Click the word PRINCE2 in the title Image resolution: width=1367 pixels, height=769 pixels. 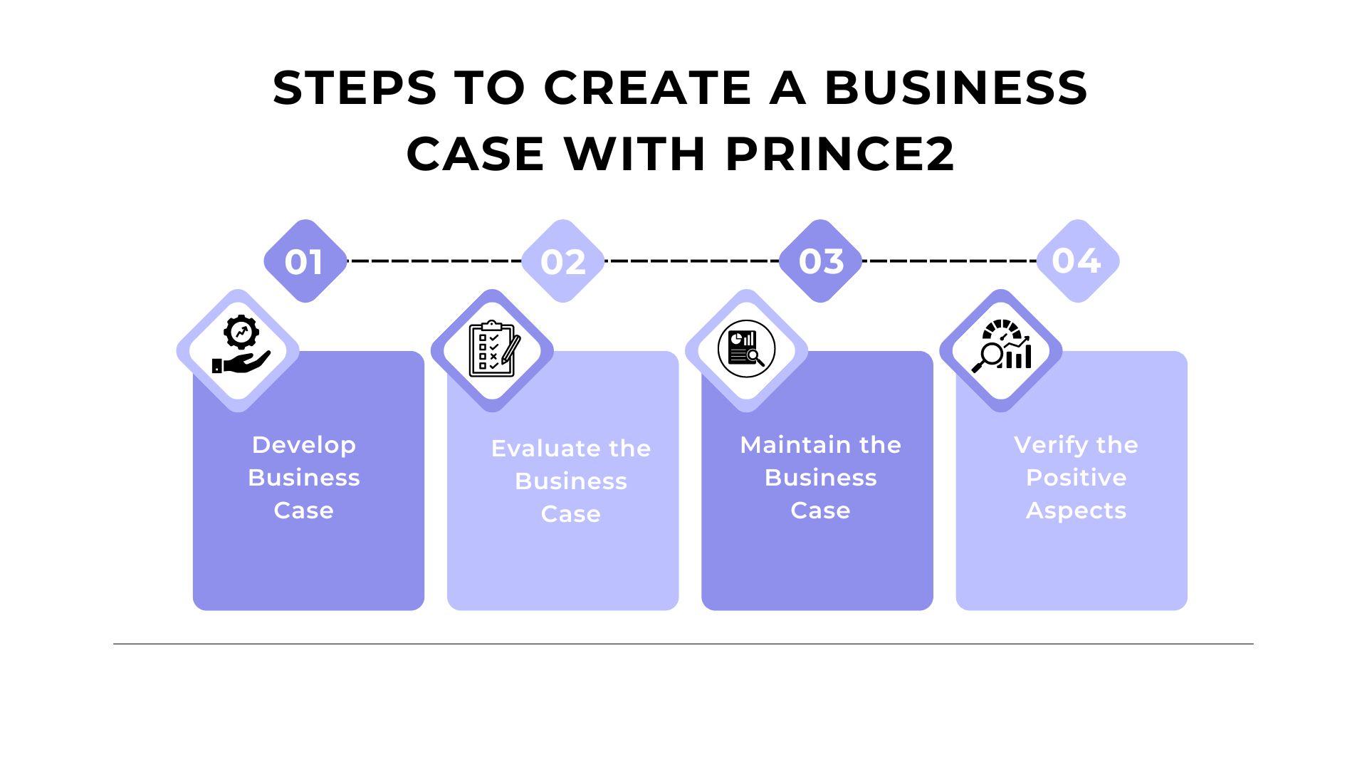click(839, 154)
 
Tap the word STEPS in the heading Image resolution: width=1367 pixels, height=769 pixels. click(355, 88)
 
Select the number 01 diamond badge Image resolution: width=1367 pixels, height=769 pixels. click(305, 261)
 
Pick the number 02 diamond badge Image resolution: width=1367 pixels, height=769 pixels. click(562, 261)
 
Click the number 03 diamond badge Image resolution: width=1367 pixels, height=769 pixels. click(820, 261)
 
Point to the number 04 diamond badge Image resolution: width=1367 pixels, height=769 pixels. click(1077, 261)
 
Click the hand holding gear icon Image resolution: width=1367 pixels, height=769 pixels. click(240, 347)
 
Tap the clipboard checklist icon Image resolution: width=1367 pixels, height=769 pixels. click(493, 349)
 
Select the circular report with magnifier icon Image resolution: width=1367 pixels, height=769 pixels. click(746, 349)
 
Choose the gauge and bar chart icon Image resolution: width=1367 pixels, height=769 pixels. click(1001, 347)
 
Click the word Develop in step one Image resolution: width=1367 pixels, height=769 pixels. click(304, 445)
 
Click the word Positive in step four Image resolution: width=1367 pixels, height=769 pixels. click(1076, 478)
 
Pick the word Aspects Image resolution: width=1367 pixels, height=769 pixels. click(1076, 511)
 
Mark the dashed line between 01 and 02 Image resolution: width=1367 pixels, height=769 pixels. click(434, 261)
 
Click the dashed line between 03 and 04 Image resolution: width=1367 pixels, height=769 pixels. click(949, 261)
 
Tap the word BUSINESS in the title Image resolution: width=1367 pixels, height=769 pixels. click(955, 88)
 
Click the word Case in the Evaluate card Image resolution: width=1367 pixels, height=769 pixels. click(570, 514)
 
